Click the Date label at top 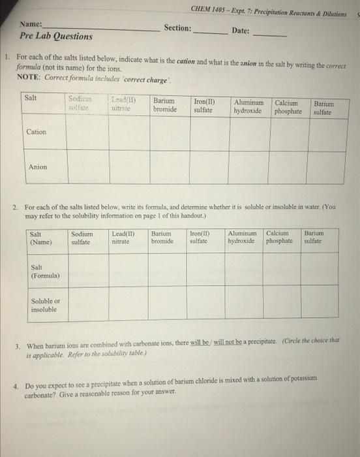[x=240, y=31]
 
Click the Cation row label [x=36, y=132]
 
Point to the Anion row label [x=37, y=167]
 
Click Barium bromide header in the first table [x=164, y=105]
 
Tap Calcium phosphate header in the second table [x=280, y=238]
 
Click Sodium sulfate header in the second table [x=82, y=238]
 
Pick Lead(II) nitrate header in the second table [x=123, y=238]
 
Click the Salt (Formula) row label [x=45, y=272]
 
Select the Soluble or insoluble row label [x=44, y=305]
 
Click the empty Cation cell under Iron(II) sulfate [x=209, y=133]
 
